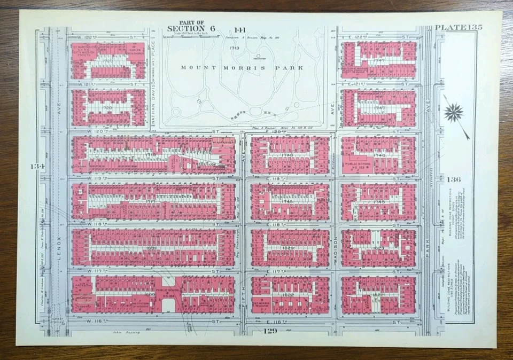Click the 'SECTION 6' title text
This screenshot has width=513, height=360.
tap(186, 29)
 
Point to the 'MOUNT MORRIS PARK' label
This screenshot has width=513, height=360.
tap(242, 68)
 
